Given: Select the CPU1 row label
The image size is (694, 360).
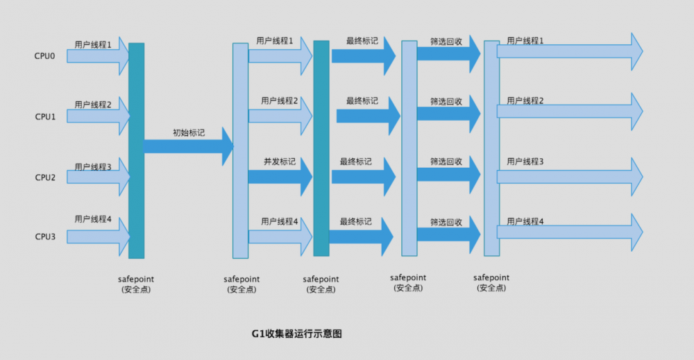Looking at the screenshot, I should point(45,117).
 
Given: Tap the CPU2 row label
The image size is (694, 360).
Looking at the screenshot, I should point(45,177).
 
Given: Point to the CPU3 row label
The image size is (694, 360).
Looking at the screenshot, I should point(45,237).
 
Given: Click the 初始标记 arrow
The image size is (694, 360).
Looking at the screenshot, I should point(187,146).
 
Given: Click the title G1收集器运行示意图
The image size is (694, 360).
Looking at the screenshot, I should point(296,334).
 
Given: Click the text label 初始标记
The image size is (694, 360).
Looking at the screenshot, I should point(189,131).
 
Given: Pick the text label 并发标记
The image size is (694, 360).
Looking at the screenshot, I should point(280,161).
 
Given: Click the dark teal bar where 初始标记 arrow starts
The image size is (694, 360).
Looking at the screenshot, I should point(137,150).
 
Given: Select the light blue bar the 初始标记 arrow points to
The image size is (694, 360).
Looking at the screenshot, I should point(240,150).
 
